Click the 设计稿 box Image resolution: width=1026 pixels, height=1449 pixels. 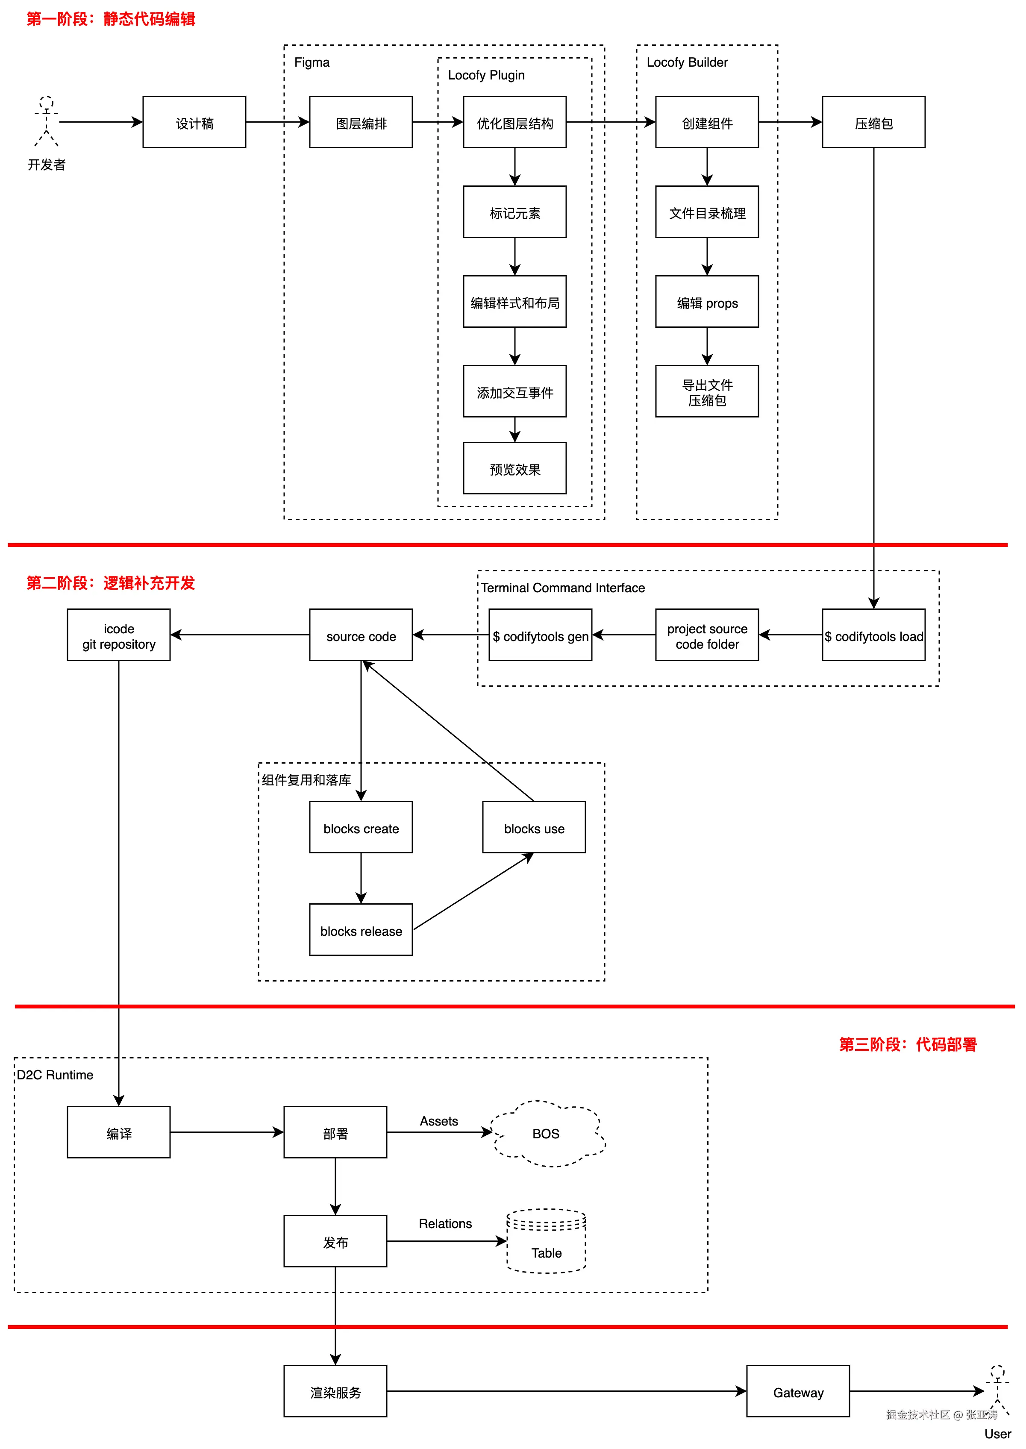point(194,123)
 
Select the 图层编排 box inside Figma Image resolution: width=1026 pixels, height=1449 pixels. point(361,123)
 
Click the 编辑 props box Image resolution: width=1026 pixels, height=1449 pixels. point(706,302)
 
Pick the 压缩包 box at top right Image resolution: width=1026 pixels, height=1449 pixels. point(873,123)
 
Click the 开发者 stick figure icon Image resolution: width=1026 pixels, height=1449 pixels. point(46,121)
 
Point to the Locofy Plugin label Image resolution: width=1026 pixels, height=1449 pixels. point(486,75)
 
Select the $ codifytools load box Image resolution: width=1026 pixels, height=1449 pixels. point(873,635)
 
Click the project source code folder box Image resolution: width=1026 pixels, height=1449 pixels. point(706,635)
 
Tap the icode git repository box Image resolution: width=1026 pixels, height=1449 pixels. point(119,635)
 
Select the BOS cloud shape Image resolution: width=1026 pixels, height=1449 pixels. point(547,1133)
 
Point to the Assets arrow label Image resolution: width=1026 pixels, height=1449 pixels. point(438,1121)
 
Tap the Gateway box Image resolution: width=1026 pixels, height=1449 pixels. point(797,1391)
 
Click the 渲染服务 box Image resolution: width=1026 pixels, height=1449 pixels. point(335,1391)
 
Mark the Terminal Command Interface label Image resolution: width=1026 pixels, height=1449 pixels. point(562,588)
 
